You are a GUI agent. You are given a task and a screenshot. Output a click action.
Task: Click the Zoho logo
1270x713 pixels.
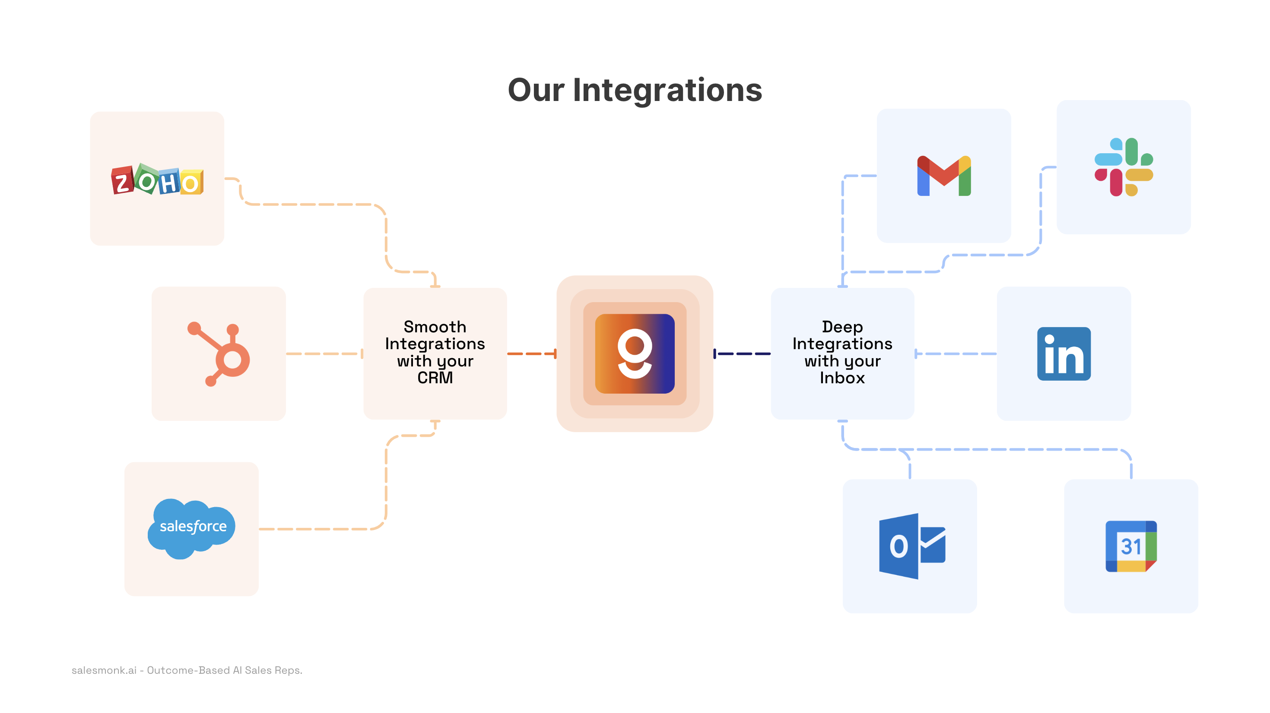coord(157,180)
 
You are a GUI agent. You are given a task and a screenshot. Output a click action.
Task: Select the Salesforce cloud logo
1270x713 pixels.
coord(192,528)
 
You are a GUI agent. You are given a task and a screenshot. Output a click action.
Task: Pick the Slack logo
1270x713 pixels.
coord(1123,167)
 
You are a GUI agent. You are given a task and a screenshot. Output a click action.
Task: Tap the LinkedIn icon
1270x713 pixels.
coord(1064,354)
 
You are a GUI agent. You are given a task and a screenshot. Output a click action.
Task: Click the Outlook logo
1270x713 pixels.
coord(911,546)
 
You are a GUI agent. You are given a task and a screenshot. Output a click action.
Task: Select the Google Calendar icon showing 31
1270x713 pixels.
coord(1130,546)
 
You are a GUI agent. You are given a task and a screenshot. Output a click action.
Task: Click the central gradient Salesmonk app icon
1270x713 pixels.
coord(635,354)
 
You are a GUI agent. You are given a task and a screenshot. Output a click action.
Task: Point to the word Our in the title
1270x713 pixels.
coord(536,90)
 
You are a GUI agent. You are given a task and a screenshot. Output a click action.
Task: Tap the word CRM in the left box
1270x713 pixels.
coord(435,378)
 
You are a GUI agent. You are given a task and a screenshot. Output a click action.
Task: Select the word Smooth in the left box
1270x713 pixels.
coord(435,327)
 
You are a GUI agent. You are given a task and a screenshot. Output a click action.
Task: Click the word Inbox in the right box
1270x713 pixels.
coord(842,378)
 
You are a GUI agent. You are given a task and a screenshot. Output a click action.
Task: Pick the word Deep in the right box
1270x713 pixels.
coord(842,327)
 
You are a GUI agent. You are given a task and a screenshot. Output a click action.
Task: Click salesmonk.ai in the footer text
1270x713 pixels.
coord(104,670)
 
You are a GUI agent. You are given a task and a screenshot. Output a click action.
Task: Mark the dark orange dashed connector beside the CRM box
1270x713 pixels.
coord(531,354)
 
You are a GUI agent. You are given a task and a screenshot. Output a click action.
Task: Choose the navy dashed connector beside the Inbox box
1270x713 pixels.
coord(742,354)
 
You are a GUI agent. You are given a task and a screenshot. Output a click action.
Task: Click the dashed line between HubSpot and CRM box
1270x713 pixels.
coord(324,354)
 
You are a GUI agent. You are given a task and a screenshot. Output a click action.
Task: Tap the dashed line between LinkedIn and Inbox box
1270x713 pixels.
coord(956,354)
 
